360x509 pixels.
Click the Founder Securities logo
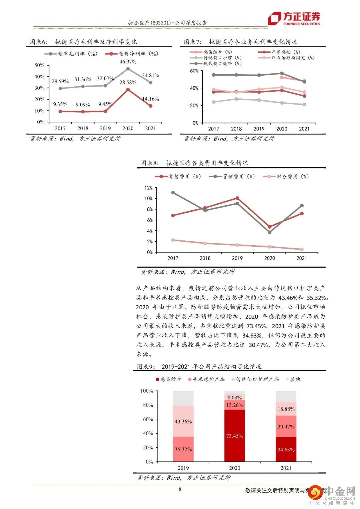point(294,19)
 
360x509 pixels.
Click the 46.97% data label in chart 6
point(128,62)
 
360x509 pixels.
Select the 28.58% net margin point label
point(128,82)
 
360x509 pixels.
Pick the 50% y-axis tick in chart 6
point(39,65)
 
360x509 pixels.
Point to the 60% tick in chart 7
point(194,71)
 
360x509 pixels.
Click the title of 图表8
point(195,163)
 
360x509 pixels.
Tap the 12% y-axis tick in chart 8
point(148,188)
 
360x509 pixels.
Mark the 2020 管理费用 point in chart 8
point(270,232)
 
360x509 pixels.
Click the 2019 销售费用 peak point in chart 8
point(237,198)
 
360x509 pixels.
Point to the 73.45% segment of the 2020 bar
point(235,436)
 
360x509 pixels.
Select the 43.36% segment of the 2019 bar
point(183,421)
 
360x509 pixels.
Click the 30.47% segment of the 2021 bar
point(286,426)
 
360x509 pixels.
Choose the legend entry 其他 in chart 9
point(295,379)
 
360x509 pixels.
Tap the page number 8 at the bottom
point(180,489)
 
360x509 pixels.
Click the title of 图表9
point(199,367)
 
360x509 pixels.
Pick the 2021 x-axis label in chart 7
point(304,129)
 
